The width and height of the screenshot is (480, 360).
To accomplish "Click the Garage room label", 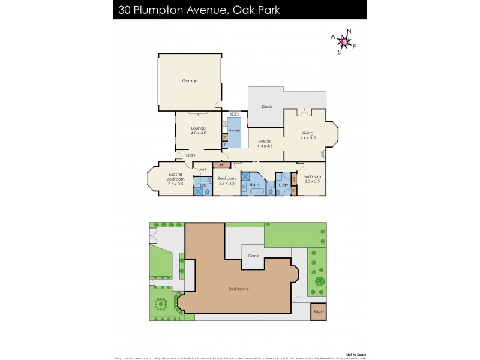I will click(190, 81).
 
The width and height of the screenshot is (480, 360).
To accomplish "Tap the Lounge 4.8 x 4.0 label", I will click(199, 130).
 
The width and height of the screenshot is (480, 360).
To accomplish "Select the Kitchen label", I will click(234, 130).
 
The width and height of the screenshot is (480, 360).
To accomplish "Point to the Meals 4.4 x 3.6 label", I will click(265, 143).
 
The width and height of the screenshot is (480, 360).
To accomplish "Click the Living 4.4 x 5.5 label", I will click(308, 136).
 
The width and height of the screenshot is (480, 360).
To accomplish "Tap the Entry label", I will click(190, 155).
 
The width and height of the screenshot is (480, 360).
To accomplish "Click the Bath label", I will click(254, 185).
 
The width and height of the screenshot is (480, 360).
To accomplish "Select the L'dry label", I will click(284, 185).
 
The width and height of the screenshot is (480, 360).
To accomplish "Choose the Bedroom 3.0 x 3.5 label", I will click(312, 178).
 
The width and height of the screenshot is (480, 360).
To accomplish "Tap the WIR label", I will click(203, 170).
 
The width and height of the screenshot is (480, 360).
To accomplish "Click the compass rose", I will click(344, 41).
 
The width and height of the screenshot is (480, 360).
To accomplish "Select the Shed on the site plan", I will click(319, 312).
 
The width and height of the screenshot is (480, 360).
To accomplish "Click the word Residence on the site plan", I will click(239, 289).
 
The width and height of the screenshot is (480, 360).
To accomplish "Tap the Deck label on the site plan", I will click(253, 256).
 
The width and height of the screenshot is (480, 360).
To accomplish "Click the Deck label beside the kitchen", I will click(267, 107).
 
